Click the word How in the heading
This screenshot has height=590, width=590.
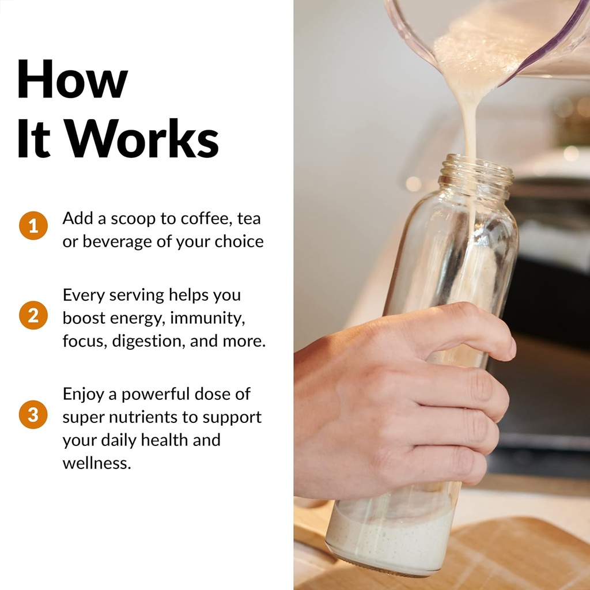coord(73,79)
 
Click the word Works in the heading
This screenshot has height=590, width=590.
coord(143,138)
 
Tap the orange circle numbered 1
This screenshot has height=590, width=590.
coord(33,225)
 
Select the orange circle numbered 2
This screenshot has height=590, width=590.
coord(33,315)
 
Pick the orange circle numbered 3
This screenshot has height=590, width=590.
coord(33,414)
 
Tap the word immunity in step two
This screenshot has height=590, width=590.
coord(207,318)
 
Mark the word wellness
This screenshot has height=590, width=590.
coord(97,463)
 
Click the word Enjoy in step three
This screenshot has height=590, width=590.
coord(83,394)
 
